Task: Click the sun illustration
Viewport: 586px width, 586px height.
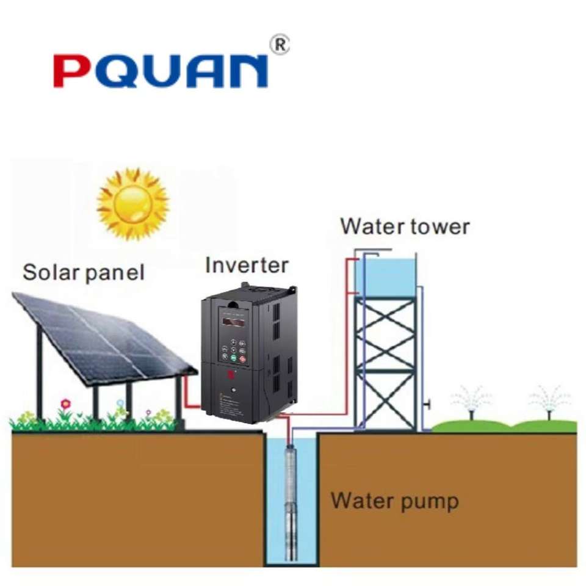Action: click(x=132, y=203)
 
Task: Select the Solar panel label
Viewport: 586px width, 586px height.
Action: click(x=84, y=272)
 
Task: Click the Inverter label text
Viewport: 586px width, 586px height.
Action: click(x=246, y=266)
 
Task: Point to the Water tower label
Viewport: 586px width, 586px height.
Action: click(x=405, y=226)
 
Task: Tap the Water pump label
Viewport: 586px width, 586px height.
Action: click(x=394, y=502)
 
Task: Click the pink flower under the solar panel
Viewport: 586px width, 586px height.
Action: click(x=66, y=403)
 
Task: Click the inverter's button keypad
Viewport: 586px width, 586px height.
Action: click(x=234, y=351)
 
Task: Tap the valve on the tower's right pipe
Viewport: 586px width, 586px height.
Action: click(x=429, y=404)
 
